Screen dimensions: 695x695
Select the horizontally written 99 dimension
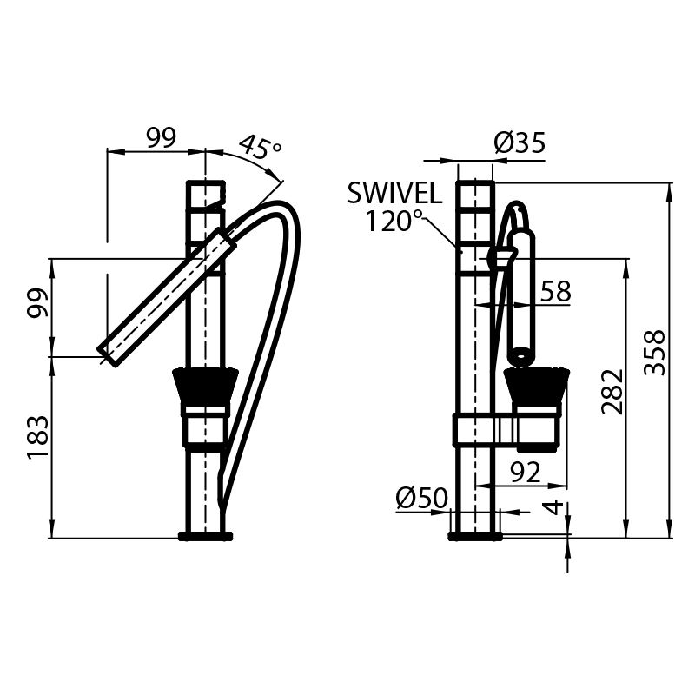161,137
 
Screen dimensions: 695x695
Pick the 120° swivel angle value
394,222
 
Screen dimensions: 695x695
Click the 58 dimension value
555,292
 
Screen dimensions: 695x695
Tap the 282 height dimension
612,391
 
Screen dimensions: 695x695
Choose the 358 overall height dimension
658,352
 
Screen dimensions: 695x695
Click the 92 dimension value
526,472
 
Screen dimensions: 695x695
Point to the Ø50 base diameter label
421,498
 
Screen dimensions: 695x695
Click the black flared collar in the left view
206,386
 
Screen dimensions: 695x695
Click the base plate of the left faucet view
205,535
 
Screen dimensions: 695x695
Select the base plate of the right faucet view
475,535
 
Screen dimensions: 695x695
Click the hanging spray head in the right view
522,295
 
